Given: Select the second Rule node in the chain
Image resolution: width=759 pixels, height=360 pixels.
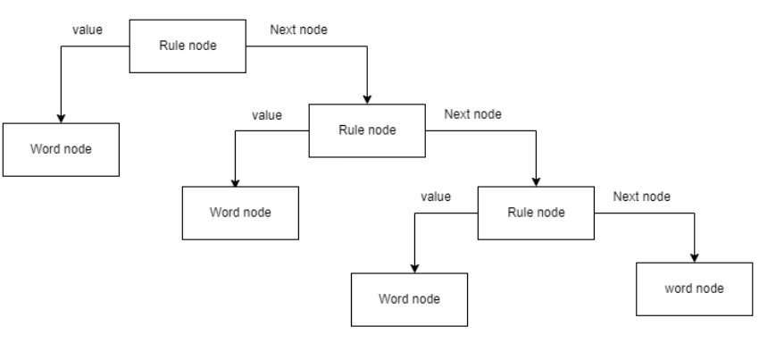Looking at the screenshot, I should click(x=366, y=130).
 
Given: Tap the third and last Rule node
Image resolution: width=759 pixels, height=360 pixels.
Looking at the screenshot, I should click(x=535, y=213).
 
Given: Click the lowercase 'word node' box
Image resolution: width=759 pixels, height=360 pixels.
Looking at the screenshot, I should click(x=695, y=289).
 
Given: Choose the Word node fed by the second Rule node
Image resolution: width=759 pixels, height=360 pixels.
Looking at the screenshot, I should click(x=239, y=213).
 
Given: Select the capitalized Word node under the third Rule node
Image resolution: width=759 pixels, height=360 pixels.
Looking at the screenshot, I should click(x=409, y=297).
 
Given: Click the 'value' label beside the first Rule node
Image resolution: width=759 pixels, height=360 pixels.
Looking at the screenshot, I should click(x=86, y=30).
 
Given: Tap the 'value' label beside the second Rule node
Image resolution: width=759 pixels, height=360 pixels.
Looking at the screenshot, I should click(x=266, y=114).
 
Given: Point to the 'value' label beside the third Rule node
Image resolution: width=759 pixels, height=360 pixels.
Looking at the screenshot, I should click(x=436, y=197).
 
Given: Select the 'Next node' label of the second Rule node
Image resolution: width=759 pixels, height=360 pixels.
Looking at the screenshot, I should click(x=472, y=114).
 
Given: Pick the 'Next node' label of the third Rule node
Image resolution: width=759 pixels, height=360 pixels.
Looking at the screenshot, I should click(x=641, y=197).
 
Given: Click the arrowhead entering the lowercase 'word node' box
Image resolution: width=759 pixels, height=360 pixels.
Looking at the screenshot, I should click(x=695, y=257).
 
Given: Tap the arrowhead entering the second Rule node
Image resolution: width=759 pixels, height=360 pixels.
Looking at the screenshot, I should click(x=366, y=99).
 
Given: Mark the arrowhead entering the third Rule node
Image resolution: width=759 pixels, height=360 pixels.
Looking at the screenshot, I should click(x=535, y=182).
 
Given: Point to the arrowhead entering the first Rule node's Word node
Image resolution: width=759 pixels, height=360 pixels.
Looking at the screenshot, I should click(x=61, y=116).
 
